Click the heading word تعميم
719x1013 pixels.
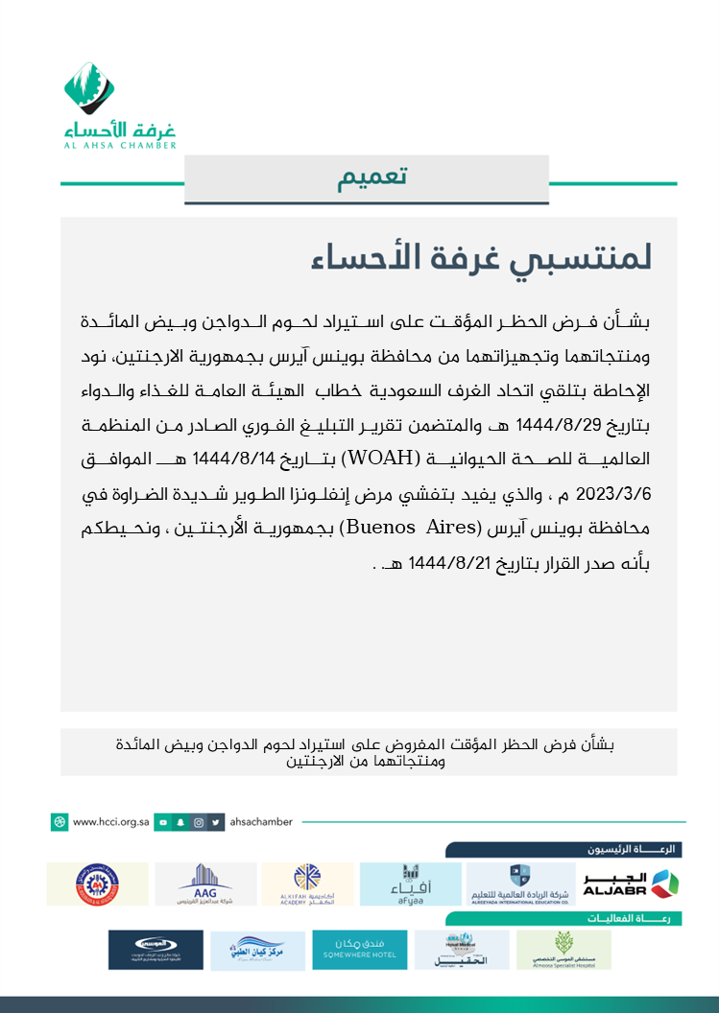click(x=372, y=178)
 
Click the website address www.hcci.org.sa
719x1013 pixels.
click(x=112, y=822)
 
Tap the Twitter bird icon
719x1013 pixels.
click(x=217, y=822)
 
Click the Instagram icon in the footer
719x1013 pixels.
click(x=199, y=822)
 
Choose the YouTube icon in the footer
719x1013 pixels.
click(x=164, y=822)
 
